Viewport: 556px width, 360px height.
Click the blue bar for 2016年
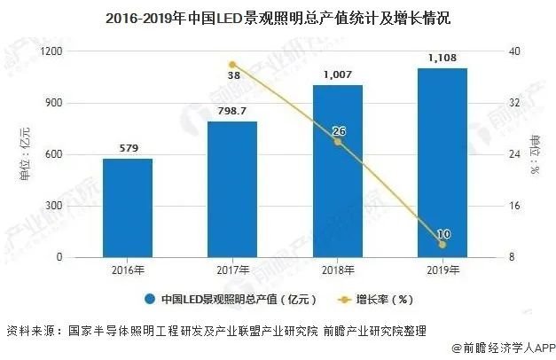[127, 208]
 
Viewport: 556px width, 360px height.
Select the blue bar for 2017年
[232, 190]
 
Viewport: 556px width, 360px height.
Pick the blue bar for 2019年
[442, 163]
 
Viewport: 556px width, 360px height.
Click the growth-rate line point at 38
[232, 65]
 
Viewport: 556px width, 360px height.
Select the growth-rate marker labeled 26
[338, 142]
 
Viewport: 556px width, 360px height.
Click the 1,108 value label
[442, 59]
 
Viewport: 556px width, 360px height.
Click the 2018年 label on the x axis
[338, 270]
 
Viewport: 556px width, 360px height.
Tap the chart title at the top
[278, 18]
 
